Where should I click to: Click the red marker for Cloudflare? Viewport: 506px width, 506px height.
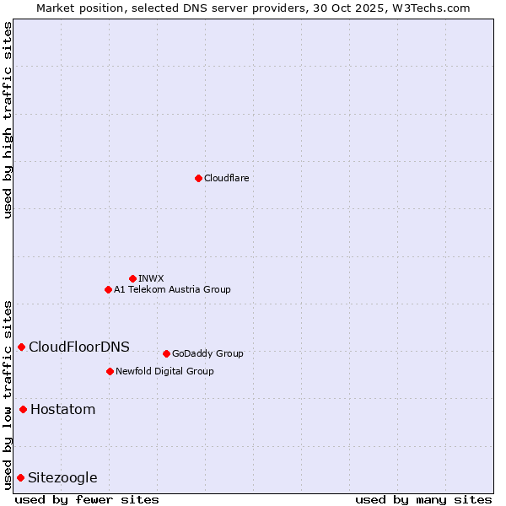click(198, 178)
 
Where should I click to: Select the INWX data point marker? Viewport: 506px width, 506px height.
click(132, 278)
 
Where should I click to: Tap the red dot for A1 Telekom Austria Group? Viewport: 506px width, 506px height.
click(108, 289)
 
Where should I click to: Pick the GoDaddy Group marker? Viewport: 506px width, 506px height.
click(166, 353)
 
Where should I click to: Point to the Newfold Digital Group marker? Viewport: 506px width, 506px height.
click(110, 371)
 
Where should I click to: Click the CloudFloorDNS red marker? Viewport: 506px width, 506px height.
click(21, 347)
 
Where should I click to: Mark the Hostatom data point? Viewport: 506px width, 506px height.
click(23, 410)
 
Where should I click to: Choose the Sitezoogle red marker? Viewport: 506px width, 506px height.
click(20, 478)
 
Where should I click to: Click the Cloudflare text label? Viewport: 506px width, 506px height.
click(226, 178)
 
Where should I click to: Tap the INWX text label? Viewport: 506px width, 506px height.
click(151, 278)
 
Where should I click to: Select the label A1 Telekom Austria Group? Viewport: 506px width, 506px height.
click(172, 289)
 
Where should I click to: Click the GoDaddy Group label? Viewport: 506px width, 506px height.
click(207, 353)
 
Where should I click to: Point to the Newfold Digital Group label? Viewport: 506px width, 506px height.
click(164, 371)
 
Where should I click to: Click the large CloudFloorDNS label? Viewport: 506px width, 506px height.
click(79, 347)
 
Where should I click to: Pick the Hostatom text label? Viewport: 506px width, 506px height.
click(63, 410)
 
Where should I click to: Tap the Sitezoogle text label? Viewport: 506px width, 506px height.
click(63, 478)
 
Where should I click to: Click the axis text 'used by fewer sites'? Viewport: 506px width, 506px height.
click(87, 499)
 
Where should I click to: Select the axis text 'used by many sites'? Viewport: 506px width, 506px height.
click(423, 499)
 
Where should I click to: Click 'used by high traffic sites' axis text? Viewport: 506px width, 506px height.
click(8, 120)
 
